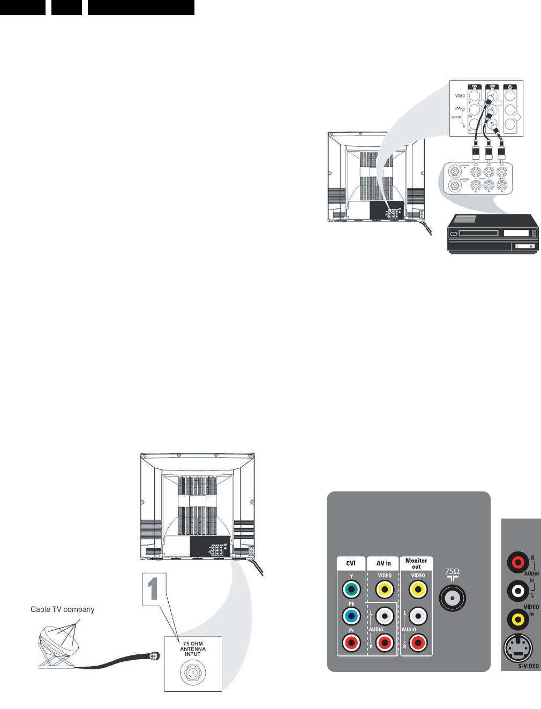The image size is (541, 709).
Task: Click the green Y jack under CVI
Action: click(x=351, y=590)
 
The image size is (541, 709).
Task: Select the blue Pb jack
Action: click(x=351, y=616)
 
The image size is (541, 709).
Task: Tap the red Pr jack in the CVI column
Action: click(x=351, y=642)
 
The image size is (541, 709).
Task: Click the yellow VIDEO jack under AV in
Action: click(x=385, y=590)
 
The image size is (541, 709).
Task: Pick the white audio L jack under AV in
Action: click(x=385, y=616)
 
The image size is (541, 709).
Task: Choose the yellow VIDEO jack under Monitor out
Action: click(x=418, y=590)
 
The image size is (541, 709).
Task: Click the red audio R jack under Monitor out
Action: click(x=418, y=642)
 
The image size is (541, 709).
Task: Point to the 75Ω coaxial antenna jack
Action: click(x=453, y=598)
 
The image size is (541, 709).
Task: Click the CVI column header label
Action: click(x=351, y=563)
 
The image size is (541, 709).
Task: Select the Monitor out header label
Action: click(x=416, y=563)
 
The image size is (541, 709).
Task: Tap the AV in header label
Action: click(x=384, y=563)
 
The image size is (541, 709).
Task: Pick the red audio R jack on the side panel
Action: click(x=518, y=563)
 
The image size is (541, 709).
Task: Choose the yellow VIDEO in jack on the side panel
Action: click(x=518, y=620)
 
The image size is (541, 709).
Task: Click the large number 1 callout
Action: click(x=154, y=589)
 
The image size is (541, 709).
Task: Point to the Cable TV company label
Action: click(x=62, y=609)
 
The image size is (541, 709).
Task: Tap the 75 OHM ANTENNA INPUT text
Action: click(x=193, y=648)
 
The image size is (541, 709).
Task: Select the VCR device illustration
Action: click(x=493, y=233)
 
